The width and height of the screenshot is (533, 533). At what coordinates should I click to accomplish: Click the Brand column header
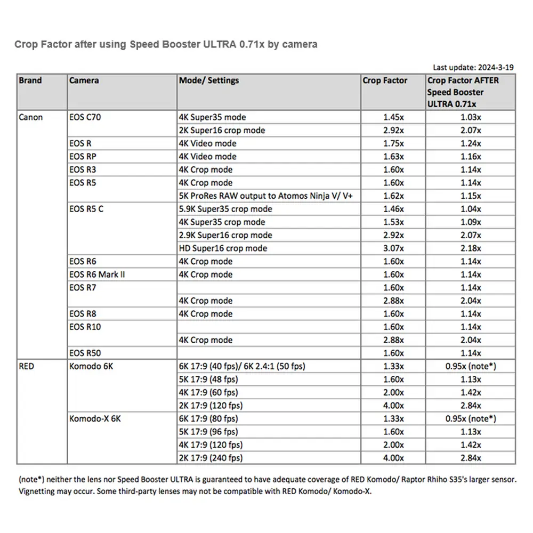[x=30, y=80]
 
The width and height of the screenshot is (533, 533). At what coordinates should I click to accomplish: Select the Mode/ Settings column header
[x=208, y=80]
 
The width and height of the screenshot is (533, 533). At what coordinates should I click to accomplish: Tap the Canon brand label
[x=30, y=117]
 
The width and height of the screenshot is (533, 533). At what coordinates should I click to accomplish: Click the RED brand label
[x=26, y=367]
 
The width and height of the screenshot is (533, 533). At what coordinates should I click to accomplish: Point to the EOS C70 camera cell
[x=85, y=117]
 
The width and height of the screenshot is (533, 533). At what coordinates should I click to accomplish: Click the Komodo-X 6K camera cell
[x=95, y=419]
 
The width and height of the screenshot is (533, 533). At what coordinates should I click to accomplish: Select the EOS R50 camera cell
[x=85, y=353]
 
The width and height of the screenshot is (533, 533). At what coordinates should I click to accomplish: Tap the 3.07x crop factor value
[x=393, y=248]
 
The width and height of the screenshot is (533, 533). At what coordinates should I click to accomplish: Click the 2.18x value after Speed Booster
[x=471, y=248]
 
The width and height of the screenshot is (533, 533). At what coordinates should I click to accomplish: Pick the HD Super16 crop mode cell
[x=223, y=248]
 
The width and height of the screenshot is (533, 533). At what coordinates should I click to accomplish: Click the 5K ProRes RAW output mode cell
[x=266, y=196]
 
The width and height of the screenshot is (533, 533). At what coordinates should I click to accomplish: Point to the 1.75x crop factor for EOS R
[x=393, y=143]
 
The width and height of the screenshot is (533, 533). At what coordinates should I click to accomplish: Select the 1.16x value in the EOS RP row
[x=471, y=157]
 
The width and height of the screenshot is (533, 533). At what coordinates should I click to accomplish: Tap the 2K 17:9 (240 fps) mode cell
[x=212, y=458]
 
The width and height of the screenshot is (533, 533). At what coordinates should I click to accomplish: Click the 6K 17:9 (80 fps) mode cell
[x=208, y=419]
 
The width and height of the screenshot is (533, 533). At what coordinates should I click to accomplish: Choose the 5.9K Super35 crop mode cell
[x=225, y=209]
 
